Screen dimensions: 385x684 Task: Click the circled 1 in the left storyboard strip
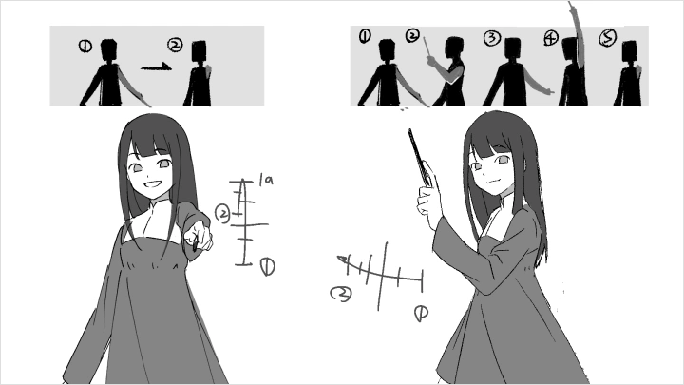85,45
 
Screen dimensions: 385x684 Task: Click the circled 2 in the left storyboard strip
174,45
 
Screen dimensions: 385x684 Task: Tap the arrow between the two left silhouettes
157,67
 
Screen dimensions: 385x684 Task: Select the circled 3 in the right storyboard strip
491,38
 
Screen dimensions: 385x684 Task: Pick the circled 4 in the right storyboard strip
551,39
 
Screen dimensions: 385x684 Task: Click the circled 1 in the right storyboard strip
366,36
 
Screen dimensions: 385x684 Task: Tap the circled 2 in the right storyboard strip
412,36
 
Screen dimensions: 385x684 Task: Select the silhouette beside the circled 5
627,81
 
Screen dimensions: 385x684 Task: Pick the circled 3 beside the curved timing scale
339,294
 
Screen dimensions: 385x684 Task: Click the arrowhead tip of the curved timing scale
341,258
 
